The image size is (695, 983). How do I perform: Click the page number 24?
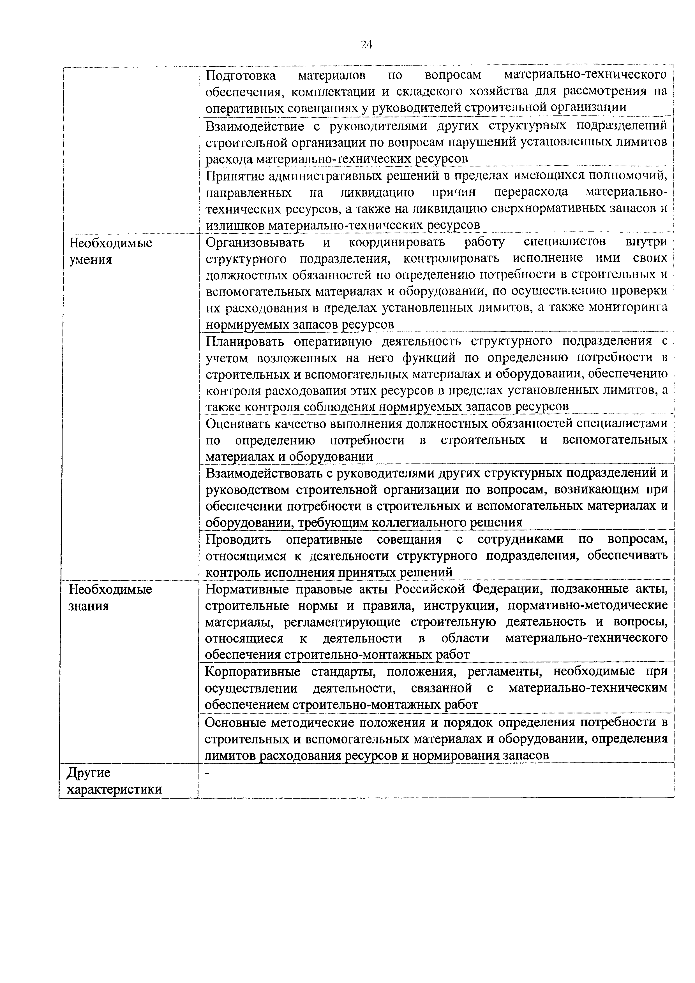tap(366, 45)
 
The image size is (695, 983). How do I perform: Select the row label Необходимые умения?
tap(111, 251)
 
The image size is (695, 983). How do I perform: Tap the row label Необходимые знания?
tap(110, 598)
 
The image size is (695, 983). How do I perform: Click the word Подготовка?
tap(241, 75)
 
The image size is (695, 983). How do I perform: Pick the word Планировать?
tap(245, 341)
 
